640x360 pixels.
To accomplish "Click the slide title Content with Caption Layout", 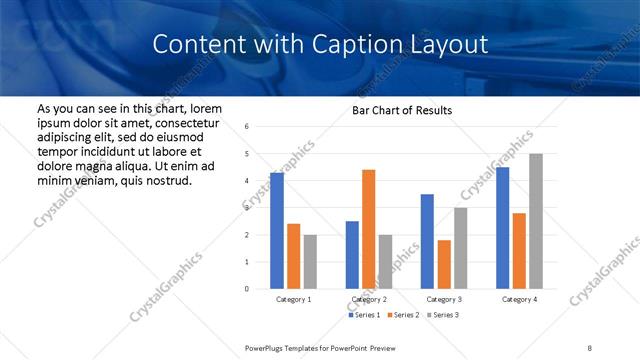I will (320, 45).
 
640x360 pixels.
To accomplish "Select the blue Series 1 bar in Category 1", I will (276, 230).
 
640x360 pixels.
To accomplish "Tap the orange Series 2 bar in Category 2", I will (368, 229).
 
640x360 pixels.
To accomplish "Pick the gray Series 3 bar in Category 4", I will (536, 221).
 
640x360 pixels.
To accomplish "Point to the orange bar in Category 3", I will (444, 264).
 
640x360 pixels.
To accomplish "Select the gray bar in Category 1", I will (310, 261).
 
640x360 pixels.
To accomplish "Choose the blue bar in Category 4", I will (502, 228).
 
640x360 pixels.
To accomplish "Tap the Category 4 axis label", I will (519, 299).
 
